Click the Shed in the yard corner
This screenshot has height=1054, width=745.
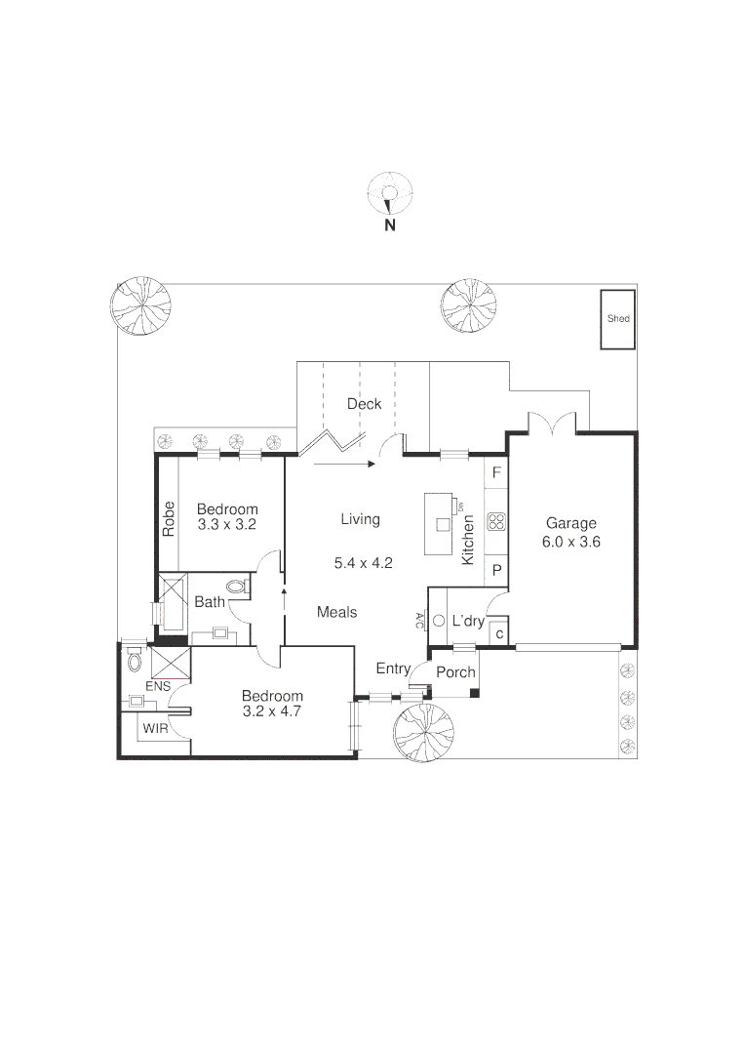pyautogui.click(x=618, y=319)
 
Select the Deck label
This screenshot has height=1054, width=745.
pyautogui.click(x=364, y=404)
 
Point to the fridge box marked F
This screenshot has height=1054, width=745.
pyautogui.click(x=496, y=473)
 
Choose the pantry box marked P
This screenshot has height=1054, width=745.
pyautogui.click(x=496, y=570)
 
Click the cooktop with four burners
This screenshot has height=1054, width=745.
pyautogui.click(x=496, y=521)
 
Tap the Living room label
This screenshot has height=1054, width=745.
pyautogui.click(x=360, y=519)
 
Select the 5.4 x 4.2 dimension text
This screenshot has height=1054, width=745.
pyautogui.click(x=363, y=563)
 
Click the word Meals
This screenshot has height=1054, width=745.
pyautogui.click(x=336, y=612)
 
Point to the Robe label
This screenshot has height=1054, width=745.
pyautogui.click(x=169, y=518)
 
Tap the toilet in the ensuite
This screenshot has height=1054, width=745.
pyautogui.click(x=134, y=660)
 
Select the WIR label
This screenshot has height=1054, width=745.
pyautogui.click(x=155, y=728)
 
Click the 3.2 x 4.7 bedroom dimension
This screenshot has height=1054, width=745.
pyautogui.click(x=272, y=711)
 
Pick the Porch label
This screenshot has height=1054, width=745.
pyautogui.click(x=455, y=672)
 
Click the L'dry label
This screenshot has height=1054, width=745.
pyautogui.click(x=468, y=621)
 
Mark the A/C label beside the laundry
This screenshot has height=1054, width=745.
pyautogui.click(x=419, y=620)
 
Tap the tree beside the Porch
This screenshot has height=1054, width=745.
pyautogui.click(x=423, y=731)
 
